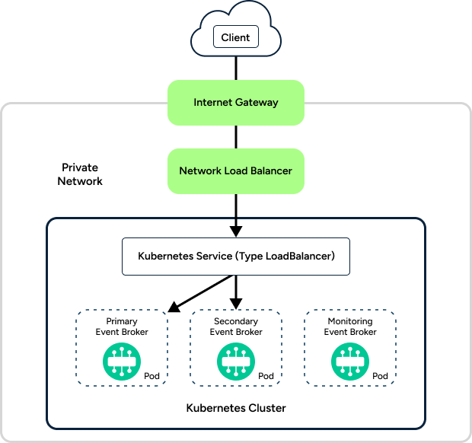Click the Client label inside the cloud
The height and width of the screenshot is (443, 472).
pos(235,37)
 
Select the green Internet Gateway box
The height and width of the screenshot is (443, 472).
pos(235,103)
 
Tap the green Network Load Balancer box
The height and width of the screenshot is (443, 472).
pos(235,171)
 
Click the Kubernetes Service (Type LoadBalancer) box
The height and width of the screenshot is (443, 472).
pos(235,257)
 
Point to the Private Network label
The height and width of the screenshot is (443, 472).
pos(80,174)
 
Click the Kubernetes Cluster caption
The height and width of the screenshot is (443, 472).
pos(236,408)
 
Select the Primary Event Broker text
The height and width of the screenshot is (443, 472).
pos(122,327)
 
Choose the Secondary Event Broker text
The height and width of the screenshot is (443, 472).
pos(236,327)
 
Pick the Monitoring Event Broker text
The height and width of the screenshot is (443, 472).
pos(350,327)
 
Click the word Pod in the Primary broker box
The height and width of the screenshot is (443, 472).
pos(151,376)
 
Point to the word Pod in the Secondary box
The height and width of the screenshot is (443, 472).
pos(266,376)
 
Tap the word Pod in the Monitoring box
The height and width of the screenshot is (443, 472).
pos(380,376)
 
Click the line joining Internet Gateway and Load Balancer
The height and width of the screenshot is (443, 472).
pos(236,137)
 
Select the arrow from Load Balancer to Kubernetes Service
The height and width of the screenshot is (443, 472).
pos(236,213)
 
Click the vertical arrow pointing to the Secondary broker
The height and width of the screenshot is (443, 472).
pos(236,291)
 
